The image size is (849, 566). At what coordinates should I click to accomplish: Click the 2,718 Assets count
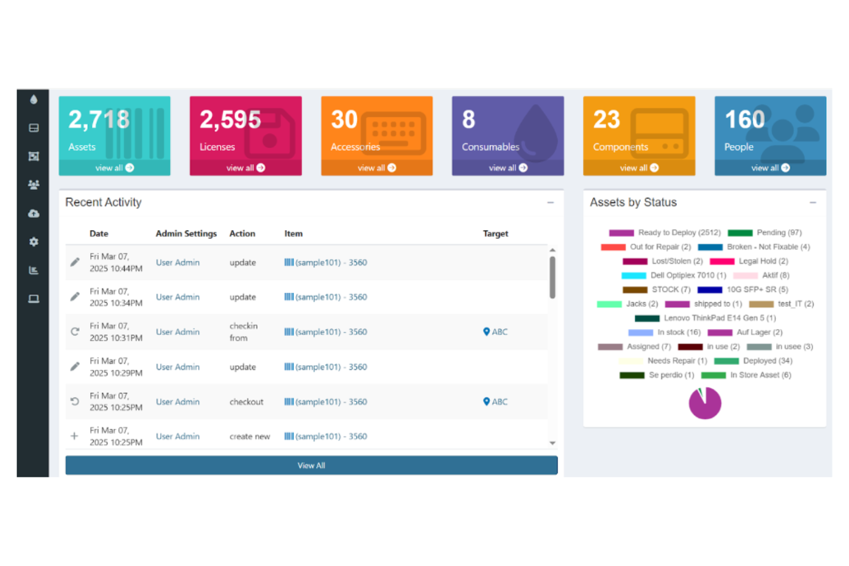coord(99,120)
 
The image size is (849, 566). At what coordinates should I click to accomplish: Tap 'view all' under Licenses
coord(246,168)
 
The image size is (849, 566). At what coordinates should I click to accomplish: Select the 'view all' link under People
coord(770,168)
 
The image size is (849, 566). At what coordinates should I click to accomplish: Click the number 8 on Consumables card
coord(468,120)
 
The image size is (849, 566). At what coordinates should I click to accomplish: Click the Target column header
coord(495,234)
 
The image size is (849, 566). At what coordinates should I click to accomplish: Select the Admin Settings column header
coord(186,234)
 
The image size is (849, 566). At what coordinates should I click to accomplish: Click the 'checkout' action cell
coord(246,402)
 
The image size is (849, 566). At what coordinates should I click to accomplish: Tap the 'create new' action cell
coord(250,436)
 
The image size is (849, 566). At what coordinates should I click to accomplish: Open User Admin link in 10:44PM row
coord(178,263)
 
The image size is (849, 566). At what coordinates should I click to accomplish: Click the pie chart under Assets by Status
coord(704,403)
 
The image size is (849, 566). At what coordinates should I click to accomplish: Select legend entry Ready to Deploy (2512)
coord(679,233)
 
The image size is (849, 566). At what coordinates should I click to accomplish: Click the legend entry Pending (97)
coord(778,233)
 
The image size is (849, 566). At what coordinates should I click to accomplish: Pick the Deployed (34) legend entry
coord(767,361)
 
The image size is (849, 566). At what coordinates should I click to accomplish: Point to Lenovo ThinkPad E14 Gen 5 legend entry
coord(719,318)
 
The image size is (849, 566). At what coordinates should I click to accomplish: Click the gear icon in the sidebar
coord(34,242)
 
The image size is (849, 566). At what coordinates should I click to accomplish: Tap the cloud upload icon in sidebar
coord(34,213)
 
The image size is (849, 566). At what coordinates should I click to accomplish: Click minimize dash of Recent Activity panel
coord(550,202)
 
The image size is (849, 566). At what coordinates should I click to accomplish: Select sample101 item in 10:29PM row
coord(326,367)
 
